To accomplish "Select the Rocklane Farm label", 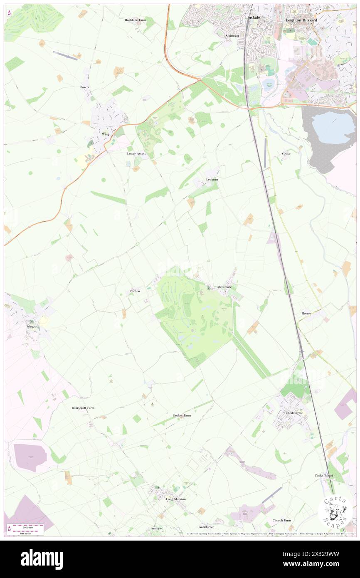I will coord(136,20).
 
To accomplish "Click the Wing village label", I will coord(106,134).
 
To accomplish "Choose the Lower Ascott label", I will coord(136,153).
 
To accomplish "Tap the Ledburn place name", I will coord(212,179).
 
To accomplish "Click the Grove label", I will coord(286,153).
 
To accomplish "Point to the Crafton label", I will coord(135,291).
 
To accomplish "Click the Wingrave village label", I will coord(33,326).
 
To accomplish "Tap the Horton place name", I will coord(306,313).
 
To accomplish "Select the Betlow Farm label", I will coord(182,415).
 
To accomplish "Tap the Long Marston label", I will coord(176,499).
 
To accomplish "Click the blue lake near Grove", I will coord(333,122).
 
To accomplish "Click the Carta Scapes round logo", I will coord(335,511).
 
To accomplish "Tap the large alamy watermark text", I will coord(42,559).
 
